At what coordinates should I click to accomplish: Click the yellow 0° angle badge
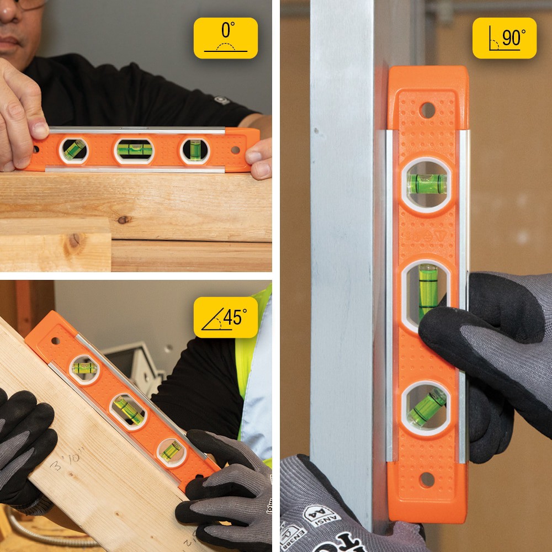click(225, 38)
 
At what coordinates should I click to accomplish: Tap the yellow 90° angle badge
click(505, 38)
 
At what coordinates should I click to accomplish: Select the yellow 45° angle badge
click(225, 317)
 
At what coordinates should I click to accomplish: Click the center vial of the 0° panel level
click(134, 150)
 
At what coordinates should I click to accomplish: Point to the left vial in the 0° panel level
click(73, 149)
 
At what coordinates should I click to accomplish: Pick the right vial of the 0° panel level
click(195, 150)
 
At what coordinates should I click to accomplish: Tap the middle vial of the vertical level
click(427, 290)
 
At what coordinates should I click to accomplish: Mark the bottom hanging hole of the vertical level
click(426, 479)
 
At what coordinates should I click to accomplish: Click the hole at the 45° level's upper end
click(55, 341)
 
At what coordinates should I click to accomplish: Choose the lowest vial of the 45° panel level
click(171, 451)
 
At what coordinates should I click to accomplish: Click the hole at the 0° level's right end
click(235, 150)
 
